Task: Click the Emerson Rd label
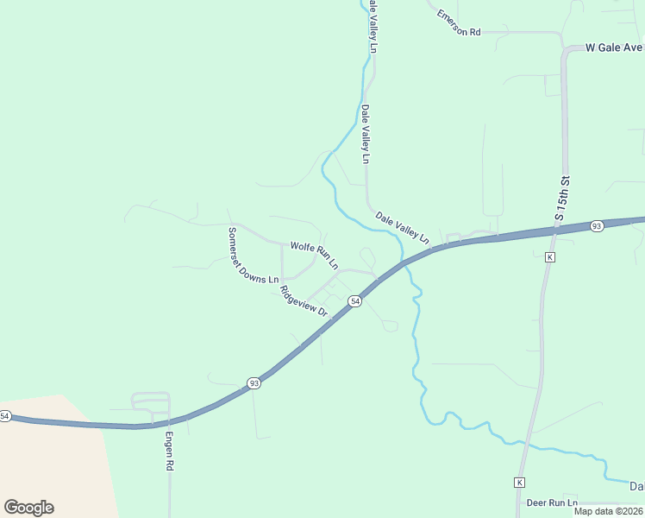pos(457,23)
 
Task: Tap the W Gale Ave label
pos(614,47)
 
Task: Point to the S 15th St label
pos(562,199)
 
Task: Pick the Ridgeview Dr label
pos(305,300)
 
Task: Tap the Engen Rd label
pos(170,451)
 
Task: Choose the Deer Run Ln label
pos(551,502)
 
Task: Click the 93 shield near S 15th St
pos(597,226)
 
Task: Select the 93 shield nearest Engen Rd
pos(254,383)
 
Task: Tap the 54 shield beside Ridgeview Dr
pos(354,300)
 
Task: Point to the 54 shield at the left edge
pos(4,416)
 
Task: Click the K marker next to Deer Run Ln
pos(519,481)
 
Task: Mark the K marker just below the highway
pos(549,257)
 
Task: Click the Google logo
pos(28,508)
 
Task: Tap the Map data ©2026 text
pos(607,511)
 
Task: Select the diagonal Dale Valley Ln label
pos(402,227)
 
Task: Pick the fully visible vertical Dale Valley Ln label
pos(366,135)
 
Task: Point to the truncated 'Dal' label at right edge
pos(636,487)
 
